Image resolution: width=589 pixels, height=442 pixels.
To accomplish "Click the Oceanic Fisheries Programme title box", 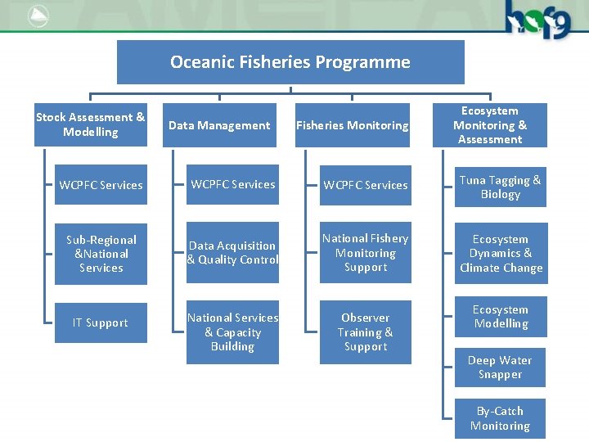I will pyautogui.click(x=290, y=62).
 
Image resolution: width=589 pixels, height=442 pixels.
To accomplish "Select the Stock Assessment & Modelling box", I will pyautogui.click(x=90, y=125).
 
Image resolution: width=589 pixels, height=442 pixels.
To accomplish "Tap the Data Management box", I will pyautogui.click(x=219, y=125).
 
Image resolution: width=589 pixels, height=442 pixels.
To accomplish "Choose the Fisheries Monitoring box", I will pyautogui.click(x=353, y=125).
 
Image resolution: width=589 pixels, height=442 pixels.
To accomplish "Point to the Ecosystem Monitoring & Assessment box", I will pyautogui.click(x=490, y=125).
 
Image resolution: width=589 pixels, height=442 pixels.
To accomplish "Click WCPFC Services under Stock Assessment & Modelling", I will pyautogui.click(x=101, y=185).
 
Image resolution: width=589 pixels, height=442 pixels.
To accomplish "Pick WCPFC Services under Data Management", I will pyautogui.click(x=233, y=184).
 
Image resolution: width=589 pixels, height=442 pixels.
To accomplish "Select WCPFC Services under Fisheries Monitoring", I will pyautogui.click(x=366, y=185).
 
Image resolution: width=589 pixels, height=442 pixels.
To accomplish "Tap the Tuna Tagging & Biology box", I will pyautogui.click(x=501, y=187).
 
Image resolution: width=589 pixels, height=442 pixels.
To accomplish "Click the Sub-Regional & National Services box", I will pyautogui.click(x=101, y=254).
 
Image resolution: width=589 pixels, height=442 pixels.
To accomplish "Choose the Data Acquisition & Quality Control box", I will pyautogui.click(x=233, y=253).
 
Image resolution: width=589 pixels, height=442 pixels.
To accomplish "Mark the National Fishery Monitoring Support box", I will pyautogui.click(x=366, y=253).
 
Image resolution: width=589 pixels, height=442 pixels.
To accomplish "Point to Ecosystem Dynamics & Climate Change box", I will pyautogui.click(x=501, y=254).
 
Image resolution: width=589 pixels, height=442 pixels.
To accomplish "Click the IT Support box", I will pyautogui.click(x=101, y=322).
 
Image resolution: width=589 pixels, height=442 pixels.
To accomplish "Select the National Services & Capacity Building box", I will pyautogui.click(x=233, y=332).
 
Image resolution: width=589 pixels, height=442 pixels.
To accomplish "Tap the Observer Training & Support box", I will pyautogui.click(x=366, y=332).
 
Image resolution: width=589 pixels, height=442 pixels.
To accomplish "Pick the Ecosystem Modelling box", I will pyautogui.click(x=501, y=317).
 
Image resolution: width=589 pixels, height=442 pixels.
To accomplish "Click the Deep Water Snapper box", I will pyautogui.click(x=501, y=368).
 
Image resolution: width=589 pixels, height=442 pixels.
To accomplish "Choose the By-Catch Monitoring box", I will pyautogui.click(x=501, y=418).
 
